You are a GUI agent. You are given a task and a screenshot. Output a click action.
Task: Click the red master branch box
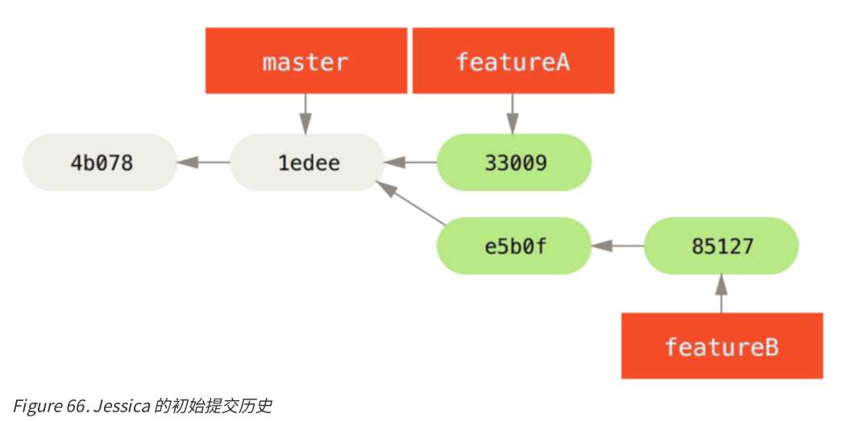[305, 60]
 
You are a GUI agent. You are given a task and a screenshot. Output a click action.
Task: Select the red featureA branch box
[513, 60]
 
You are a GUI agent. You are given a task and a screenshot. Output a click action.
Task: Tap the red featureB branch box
[721, 345]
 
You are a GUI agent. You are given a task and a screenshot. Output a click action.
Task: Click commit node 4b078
[100, 163]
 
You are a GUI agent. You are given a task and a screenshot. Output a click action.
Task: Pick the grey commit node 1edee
[307, 163]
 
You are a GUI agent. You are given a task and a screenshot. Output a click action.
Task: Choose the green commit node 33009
[514, 163]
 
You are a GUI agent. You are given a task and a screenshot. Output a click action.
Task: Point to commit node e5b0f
[514, 245]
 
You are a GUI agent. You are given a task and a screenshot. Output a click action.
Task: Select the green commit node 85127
[721, 245]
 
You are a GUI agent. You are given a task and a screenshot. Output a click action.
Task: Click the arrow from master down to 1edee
[305, 114]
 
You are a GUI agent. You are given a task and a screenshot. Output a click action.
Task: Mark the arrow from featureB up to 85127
[721, 293]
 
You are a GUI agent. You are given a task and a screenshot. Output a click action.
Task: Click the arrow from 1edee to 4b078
[203, 163]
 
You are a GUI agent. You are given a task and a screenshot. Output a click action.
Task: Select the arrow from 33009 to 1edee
[410, 163]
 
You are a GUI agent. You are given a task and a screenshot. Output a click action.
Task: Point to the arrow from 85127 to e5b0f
[617, 245]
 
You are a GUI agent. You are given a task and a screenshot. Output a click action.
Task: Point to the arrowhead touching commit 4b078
[185, 163]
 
